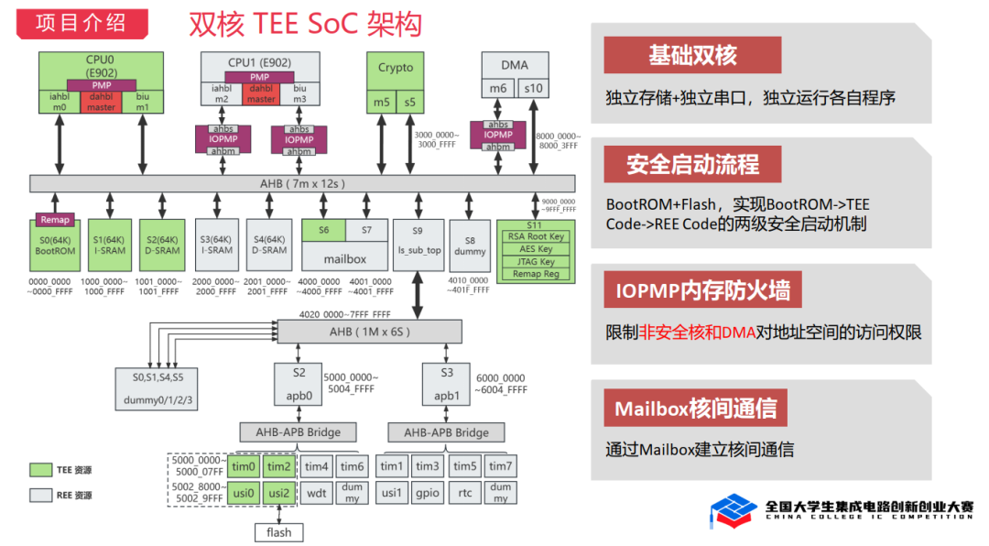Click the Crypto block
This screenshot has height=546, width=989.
[396, 69]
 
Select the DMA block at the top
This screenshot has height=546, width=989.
[514, 66]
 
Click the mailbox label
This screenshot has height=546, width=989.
[345, 258]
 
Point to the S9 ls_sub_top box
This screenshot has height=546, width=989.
[418, 243]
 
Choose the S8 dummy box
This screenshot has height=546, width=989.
[470, 245]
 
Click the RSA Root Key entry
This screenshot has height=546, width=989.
[535, 236]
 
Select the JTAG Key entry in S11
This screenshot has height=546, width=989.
[535, 262]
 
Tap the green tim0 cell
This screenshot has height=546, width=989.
[244, 466]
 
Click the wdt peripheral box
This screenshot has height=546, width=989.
[317, 493]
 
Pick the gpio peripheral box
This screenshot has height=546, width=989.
[428, 493]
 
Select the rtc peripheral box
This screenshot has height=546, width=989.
[465, 493]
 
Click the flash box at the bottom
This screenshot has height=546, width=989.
[278, 532]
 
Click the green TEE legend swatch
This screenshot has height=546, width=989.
[41, 470]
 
